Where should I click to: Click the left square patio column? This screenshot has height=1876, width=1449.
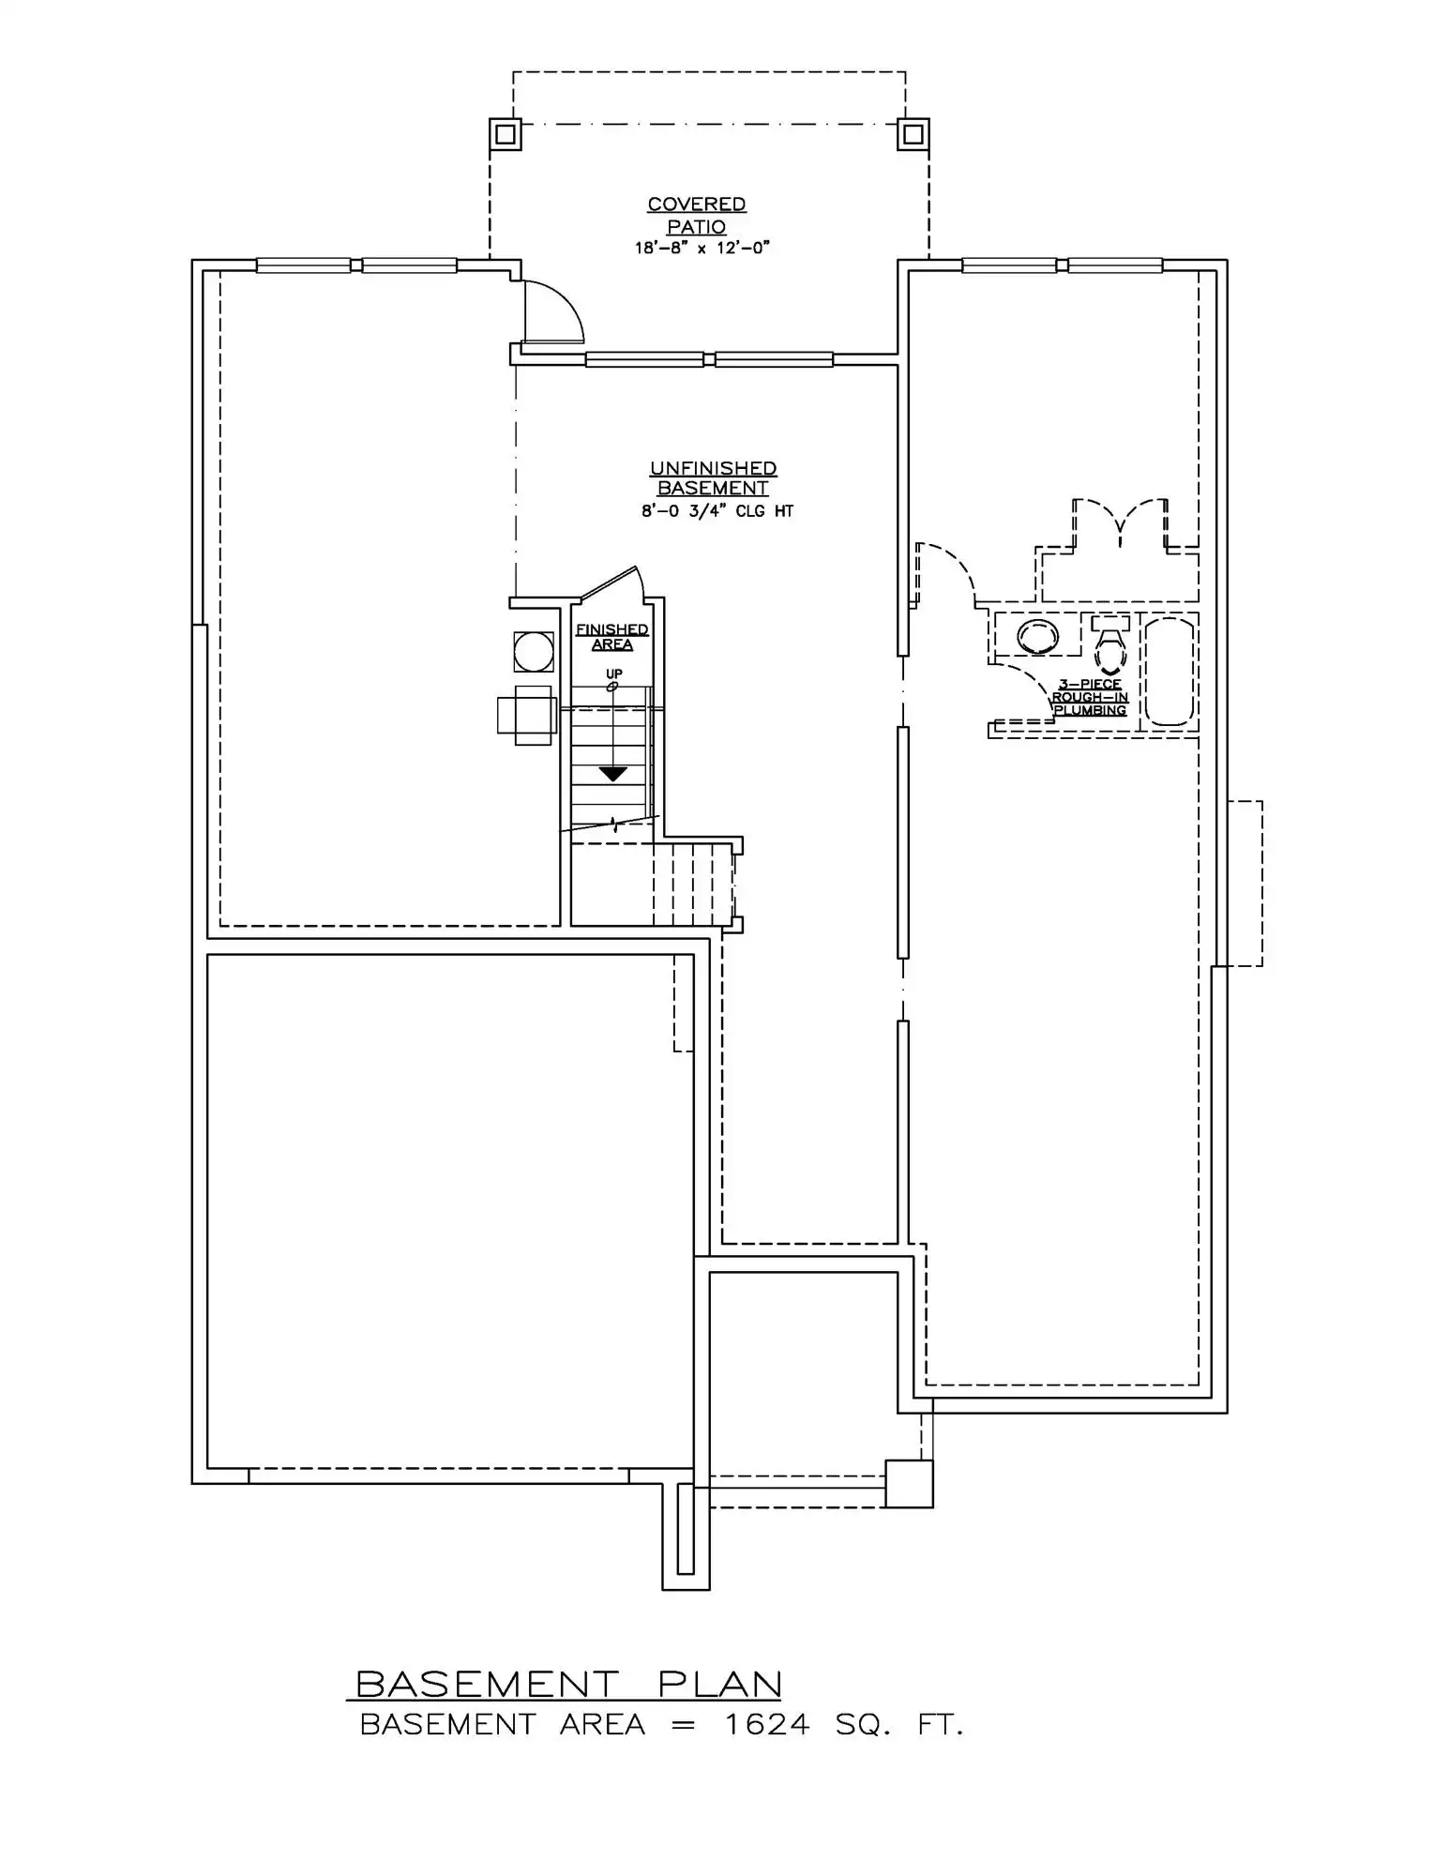point(506,134)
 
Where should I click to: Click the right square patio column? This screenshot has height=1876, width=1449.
point(913,134)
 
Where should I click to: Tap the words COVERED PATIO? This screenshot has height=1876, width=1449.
point(697,216)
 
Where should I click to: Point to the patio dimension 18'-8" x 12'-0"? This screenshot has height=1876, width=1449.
point(702,249)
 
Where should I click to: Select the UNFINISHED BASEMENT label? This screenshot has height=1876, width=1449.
point(713,478)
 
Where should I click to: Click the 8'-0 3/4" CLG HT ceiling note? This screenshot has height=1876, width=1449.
point(717,512)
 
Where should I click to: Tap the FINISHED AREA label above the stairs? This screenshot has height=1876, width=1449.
point(612,637)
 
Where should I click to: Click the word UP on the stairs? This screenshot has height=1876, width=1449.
point(614,673)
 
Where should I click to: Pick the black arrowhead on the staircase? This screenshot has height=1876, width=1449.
point(613,774)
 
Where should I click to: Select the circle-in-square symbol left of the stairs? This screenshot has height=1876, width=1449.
point(534,652)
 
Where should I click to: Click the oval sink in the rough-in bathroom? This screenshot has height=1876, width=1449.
point(1037,637)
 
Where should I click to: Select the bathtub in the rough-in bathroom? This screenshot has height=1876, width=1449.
point(1170,671)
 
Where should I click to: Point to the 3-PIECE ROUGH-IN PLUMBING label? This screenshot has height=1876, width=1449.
point(1090,698)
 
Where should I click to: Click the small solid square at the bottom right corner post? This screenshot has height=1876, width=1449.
point(909,1484)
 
